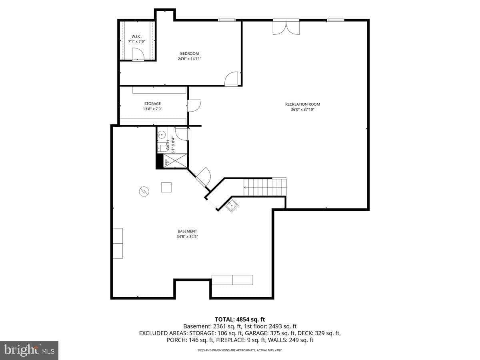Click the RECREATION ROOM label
302,104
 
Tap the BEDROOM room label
189,54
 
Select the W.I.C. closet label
136,36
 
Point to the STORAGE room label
152,104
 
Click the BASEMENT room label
187,231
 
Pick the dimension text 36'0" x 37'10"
302,109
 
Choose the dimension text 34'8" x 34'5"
187,236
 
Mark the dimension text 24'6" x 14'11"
189,59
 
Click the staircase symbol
265,187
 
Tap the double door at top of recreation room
286,27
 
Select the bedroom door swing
232,79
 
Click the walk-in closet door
137,54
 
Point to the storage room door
194,105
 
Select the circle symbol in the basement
144,192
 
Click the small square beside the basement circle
166,187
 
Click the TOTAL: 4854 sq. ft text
240,319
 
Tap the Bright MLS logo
29,350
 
